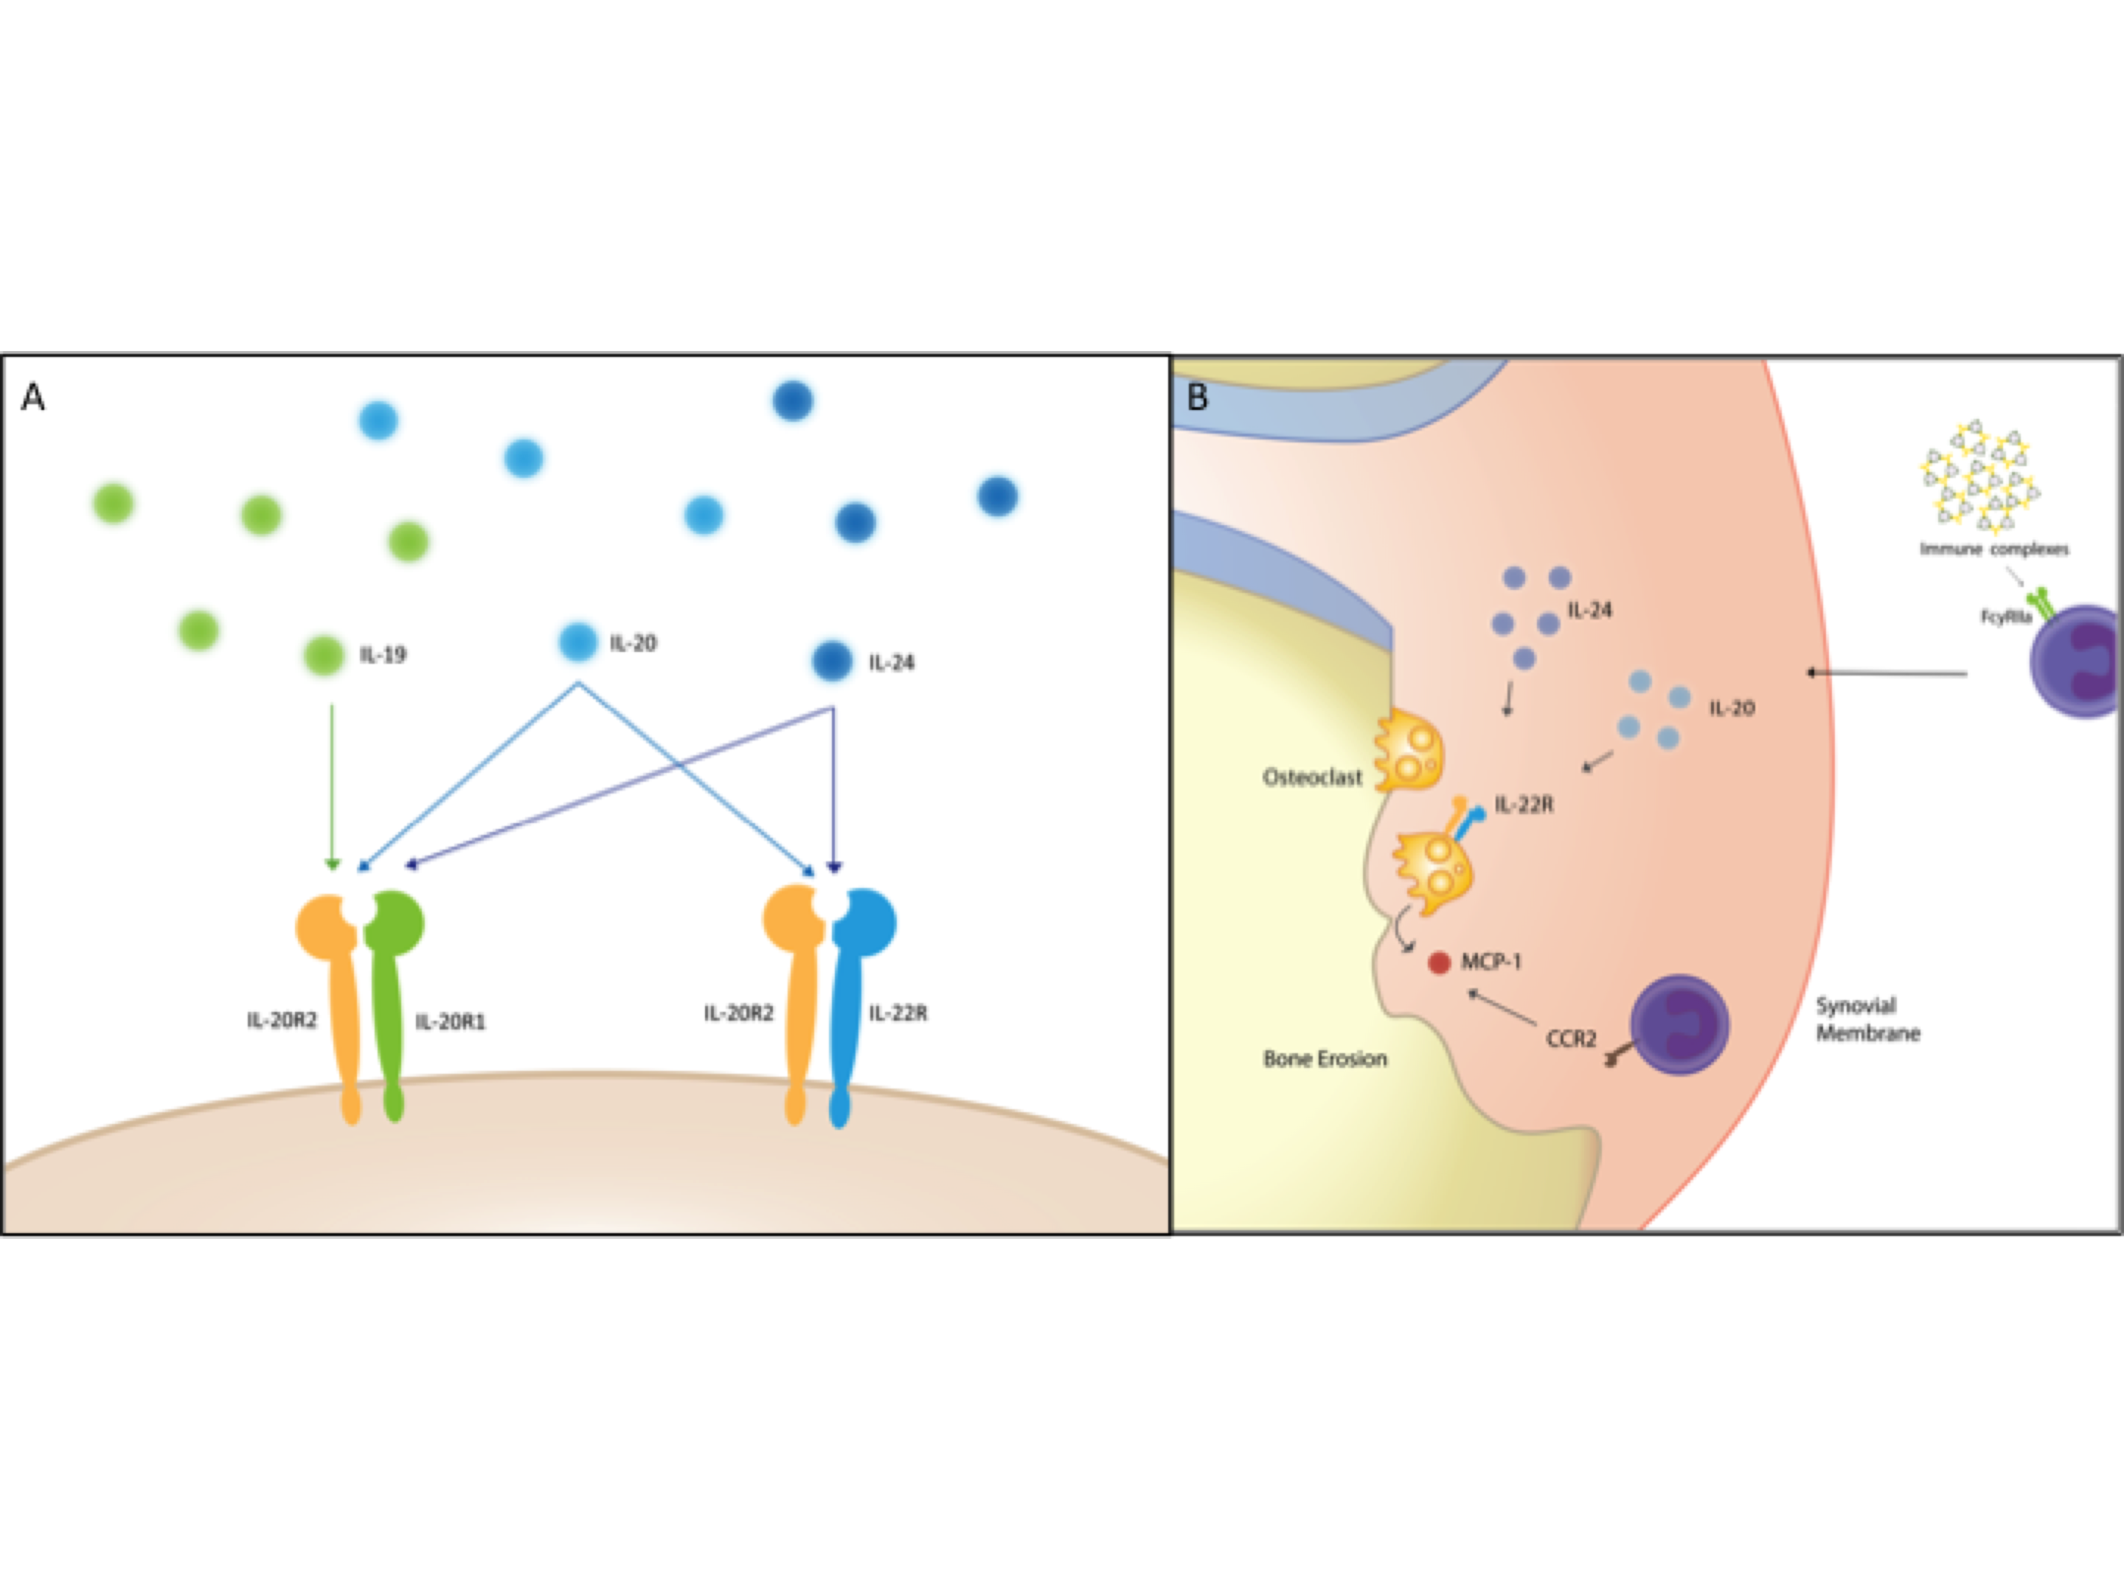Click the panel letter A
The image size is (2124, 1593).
click(32, 397)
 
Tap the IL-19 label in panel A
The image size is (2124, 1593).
click(383, 655)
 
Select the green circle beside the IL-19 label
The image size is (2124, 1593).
click(324, 655)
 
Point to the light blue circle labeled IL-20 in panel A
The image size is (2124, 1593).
click(578, 642)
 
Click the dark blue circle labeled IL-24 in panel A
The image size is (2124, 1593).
click(832, 661)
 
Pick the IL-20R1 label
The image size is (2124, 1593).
click(451, 1021)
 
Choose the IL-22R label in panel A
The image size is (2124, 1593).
click(898, 1013)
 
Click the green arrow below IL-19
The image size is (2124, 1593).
click(332, 788)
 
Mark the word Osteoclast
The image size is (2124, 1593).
click(1312, 778)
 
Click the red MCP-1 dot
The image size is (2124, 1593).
click(1438, 962)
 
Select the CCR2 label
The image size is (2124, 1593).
click(1571, 1038)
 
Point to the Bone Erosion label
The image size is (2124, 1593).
click(1325, 1058)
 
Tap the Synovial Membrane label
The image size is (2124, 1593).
click(1867, 1018)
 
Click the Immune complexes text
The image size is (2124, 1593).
click(1993, 549)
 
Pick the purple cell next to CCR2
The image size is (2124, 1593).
click(1679, 1024)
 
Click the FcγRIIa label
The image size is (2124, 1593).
click(2006, 617)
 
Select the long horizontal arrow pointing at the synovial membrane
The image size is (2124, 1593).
click(1887, 673)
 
